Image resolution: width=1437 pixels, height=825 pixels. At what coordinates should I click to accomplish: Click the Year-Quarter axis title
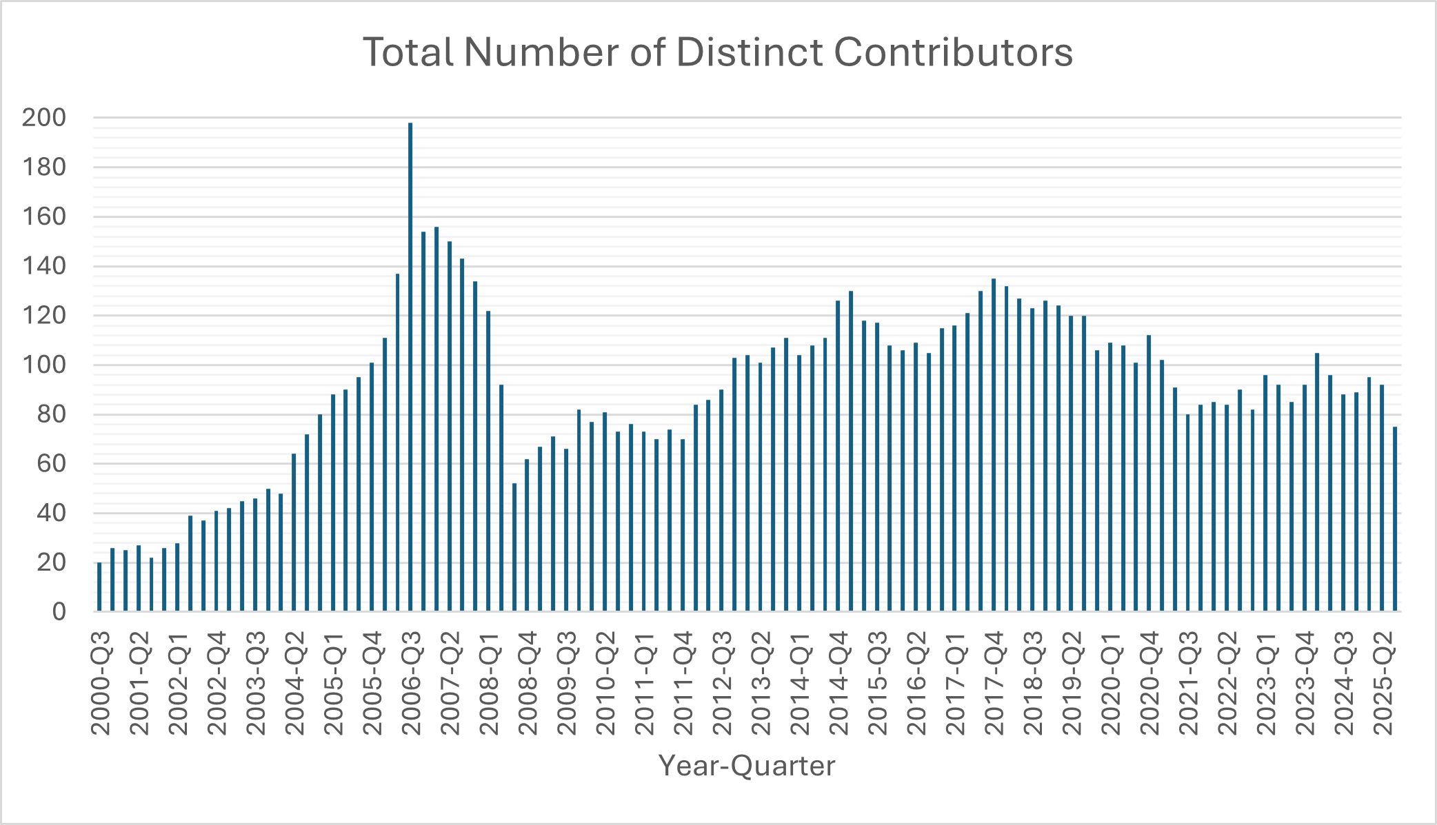(747, 766)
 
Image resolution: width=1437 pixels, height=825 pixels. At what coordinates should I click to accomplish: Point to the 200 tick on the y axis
(44, 118)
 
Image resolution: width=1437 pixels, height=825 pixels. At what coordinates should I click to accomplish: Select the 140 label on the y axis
(44, 266)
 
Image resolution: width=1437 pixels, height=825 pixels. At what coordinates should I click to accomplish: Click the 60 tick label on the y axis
(52, 463)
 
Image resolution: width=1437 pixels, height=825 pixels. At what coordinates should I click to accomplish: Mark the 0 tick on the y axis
(59, 611)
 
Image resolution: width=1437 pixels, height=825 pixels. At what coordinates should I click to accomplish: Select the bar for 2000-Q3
(99, 587)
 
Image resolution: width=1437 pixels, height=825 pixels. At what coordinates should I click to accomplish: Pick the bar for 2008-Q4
(527, 535)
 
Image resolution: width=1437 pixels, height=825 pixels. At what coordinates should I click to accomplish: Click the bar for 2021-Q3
(1188, 513)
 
